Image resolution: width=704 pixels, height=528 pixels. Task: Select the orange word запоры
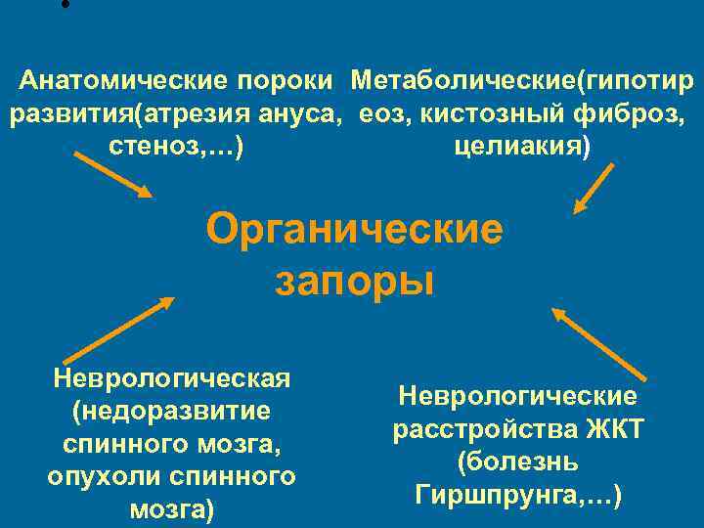354,282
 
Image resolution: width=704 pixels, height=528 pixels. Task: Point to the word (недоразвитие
172,411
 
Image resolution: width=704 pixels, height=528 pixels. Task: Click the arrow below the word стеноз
112,174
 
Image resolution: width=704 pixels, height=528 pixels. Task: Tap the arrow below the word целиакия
594,188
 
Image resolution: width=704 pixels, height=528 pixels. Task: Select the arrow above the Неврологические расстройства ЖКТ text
599,344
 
